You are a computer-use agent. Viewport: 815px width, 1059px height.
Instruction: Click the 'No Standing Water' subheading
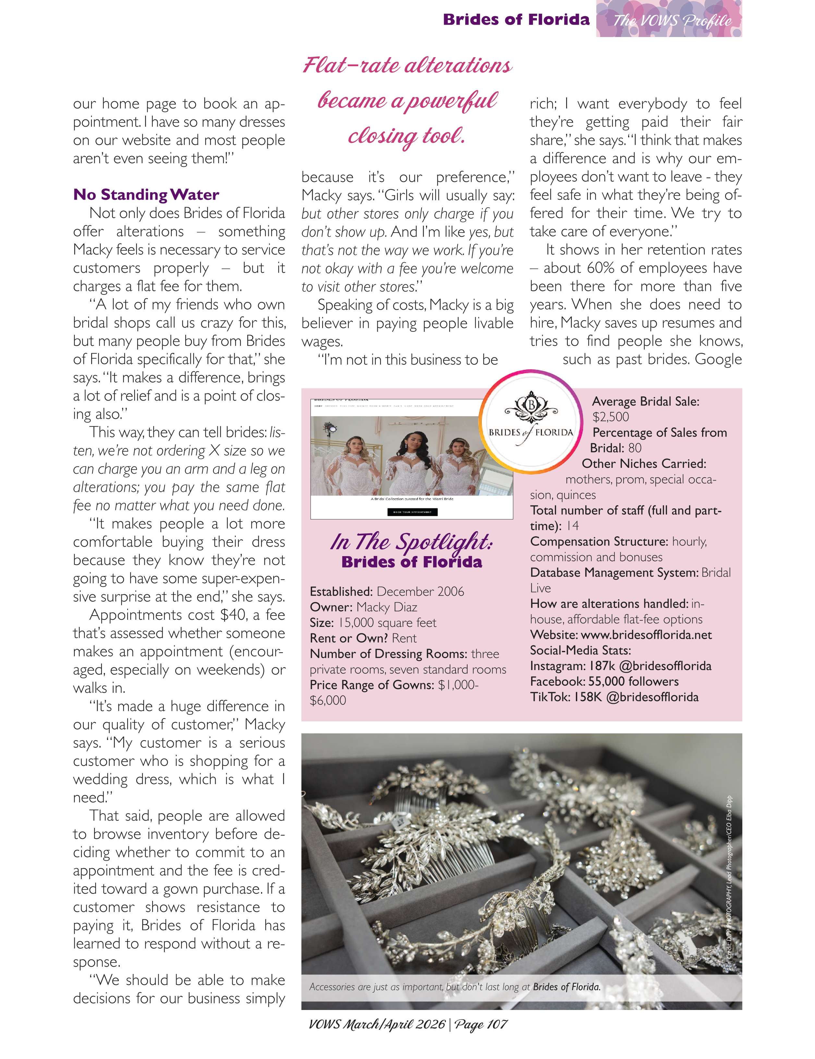tap(146, 195)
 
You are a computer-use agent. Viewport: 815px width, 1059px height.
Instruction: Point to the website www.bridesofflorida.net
tap(646, 635)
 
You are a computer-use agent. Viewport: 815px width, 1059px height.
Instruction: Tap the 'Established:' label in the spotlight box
tap(341, 592)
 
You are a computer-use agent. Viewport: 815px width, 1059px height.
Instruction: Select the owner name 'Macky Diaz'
tap(386, 607)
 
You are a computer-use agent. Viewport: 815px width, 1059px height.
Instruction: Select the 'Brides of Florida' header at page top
tap(516, 20)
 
